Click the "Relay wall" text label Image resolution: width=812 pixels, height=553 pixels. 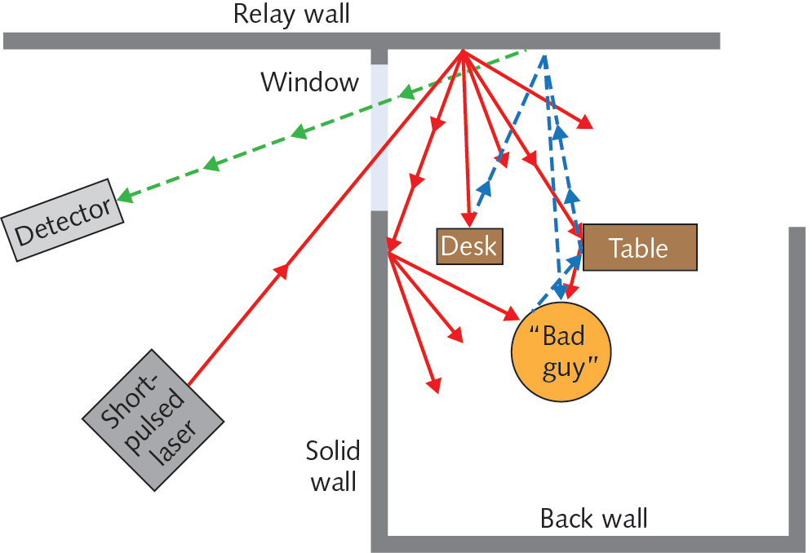(x=291, y=15)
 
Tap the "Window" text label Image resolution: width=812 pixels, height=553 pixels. (x=309, y=82)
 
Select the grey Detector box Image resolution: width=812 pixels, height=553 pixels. (x=62, y=220)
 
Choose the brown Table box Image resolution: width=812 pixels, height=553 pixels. (x=639, y=247)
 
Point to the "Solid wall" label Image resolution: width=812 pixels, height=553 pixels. (x=332, y=466)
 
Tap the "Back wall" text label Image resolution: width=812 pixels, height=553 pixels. (x=594, y=518)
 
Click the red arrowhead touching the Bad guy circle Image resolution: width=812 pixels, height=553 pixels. (x=512, y=314)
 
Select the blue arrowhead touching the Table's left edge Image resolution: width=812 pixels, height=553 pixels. (x=575, y=259)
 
